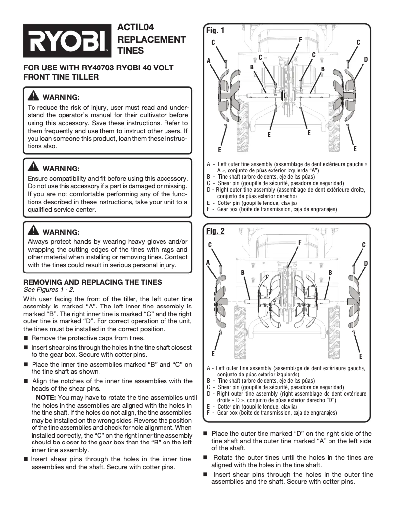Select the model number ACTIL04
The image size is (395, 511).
(133, 28)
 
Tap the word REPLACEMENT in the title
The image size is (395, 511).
(151, 39)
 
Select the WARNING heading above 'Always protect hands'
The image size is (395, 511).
(61, 232)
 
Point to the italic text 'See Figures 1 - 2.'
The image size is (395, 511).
(49, 289)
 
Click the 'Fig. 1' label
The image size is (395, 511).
(215, 31)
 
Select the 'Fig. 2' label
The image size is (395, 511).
(215, 231)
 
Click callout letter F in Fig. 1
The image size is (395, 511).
(300, 39)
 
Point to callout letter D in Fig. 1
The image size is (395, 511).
(366, 59)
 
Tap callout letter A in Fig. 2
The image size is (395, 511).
(208, 262)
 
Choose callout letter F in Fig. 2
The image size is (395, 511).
(300, 242)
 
